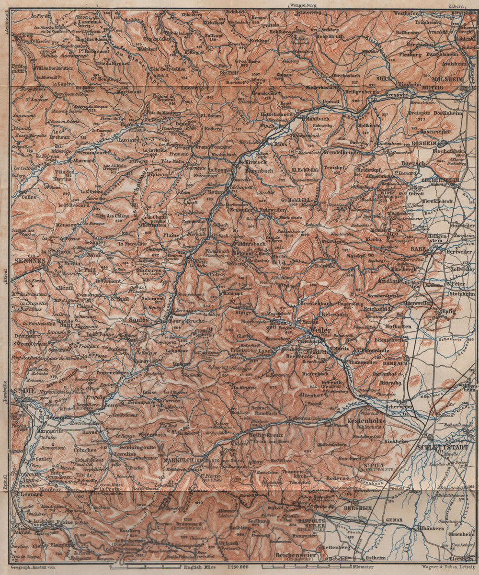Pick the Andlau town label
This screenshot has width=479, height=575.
(x=391, y=281)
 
